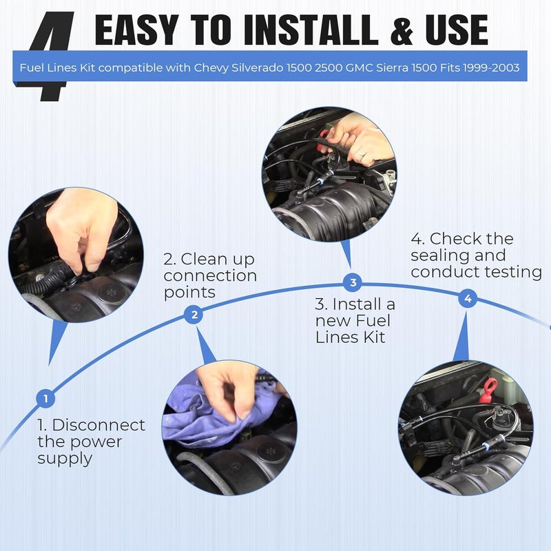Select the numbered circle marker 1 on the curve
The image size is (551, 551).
pyautogui.click(x=45, y=398)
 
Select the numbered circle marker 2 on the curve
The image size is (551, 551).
pyautogui.click(x=194, y=315)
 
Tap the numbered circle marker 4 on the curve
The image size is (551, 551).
pyautogui.click(x=468, y=298)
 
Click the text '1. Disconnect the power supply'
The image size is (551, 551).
pyautogui.click(x=91, y=441)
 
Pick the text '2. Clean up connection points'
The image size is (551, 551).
pyautogui.click(x=209, y=275)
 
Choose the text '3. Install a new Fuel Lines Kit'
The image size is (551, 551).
pyautogui.click(x=355, y=320)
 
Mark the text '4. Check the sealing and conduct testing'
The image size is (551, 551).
pyautogui.click(x=475, y=255)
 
